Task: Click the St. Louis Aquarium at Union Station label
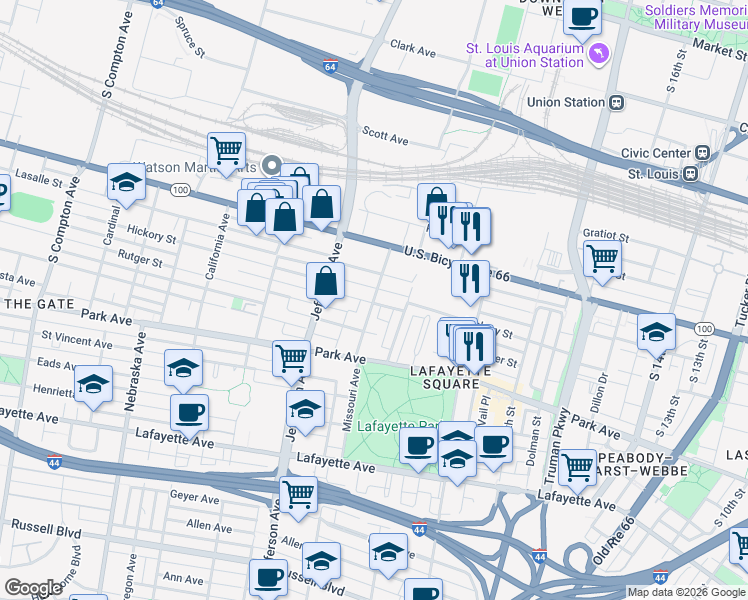(525, 54)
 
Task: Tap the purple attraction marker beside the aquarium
(599, 53)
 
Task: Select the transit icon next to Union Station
(617, 102)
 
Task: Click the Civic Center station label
(656, 153)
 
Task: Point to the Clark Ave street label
(413, 47)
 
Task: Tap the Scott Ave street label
(385, 133)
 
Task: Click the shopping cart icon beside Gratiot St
(602, 258)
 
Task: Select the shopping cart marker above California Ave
(227, 151)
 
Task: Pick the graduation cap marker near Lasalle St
(126, 183)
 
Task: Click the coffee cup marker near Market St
(583, 16)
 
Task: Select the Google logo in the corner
(32, 588)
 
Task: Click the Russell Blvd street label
(45, 525)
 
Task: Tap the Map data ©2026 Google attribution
(686, 592)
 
